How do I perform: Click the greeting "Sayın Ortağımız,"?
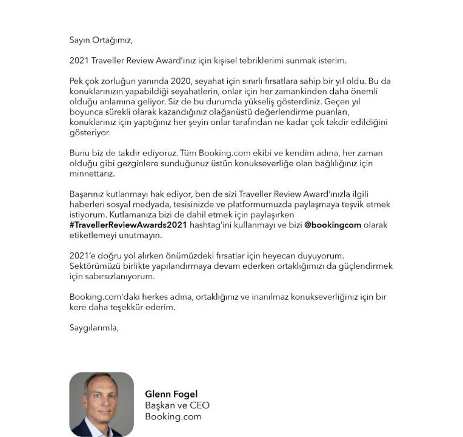click(100, 41)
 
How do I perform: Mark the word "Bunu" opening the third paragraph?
click(79, 154)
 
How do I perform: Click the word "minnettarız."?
click(91, 174)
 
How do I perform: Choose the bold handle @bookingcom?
click(333, 225)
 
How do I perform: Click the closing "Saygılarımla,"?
click(94, 328)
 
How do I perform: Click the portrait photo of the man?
click(101, 404)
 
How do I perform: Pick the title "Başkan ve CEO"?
click(177, 405)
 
